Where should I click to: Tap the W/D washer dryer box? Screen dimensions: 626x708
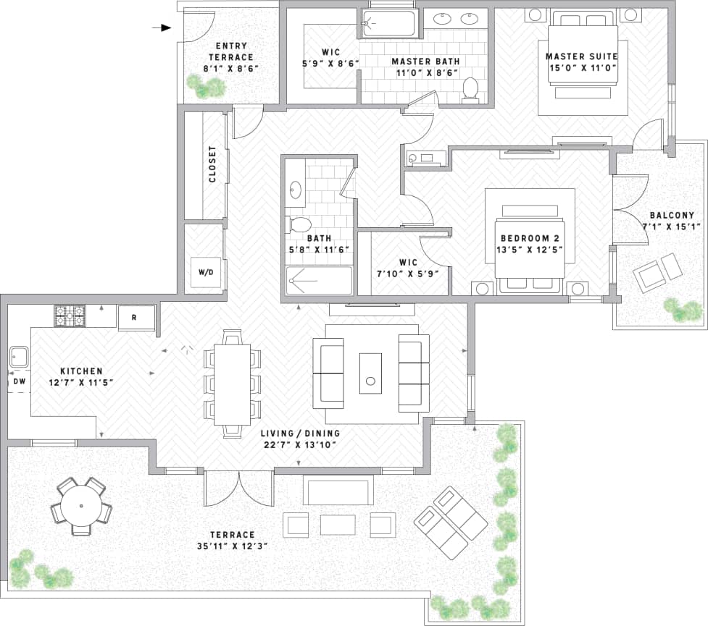point(206,273)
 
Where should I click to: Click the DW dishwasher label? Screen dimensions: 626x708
point(18,381)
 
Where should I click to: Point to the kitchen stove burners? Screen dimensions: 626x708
point(70,316)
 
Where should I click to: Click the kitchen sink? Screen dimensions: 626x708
point(19,357)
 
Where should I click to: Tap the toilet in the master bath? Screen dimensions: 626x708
point(470,88)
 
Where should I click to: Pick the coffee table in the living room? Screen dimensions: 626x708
point(370,373)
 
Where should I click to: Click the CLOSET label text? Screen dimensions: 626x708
point(212,164)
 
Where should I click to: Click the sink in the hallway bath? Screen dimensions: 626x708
point(295,191)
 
